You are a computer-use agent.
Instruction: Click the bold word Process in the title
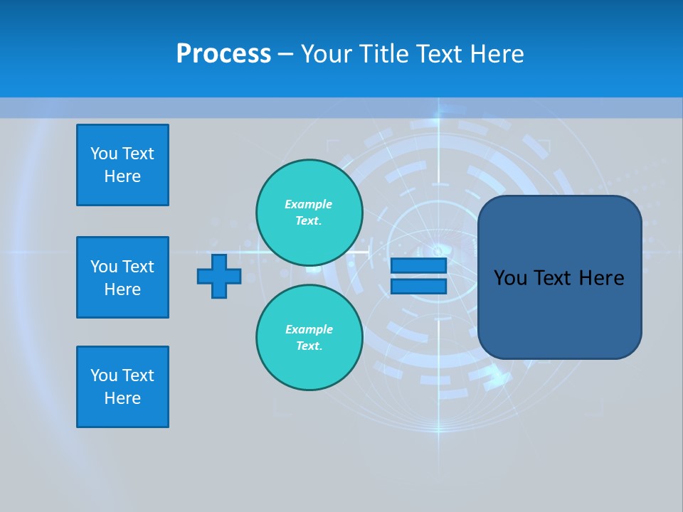(223, 54)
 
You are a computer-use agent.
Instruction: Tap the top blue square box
(122, 165)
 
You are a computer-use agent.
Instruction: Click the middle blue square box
(122, 277)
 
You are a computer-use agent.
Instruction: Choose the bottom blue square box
(122, 387)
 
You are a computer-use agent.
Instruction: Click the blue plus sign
(219, 276)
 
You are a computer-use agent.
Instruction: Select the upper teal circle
(309, 212)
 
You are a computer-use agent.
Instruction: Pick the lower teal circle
(309, 337)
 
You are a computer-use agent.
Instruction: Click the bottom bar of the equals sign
(418, 287)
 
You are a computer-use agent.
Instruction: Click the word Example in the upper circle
(309, 204)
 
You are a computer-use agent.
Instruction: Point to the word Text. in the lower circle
(309, 346)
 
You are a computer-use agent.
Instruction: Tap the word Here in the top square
(122, 176)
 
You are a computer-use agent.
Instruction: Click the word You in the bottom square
(104, 375)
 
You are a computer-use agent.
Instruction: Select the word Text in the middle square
(137, 267)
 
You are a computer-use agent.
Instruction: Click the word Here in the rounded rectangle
(601, 278)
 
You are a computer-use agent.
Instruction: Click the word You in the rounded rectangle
(510, 278)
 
